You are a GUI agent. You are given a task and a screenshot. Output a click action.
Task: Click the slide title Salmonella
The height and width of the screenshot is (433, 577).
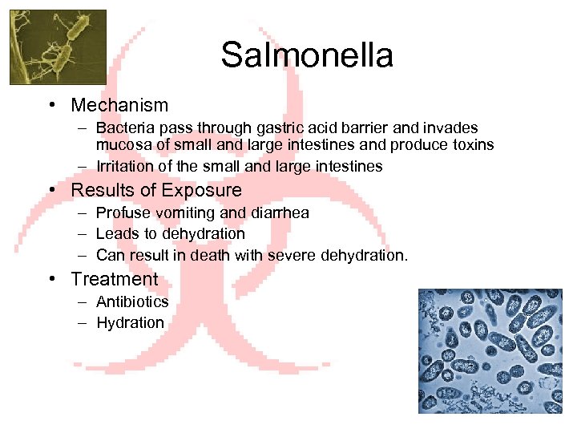click(307, 55)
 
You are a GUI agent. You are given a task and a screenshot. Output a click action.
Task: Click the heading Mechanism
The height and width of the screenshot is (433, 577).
click(119, 105)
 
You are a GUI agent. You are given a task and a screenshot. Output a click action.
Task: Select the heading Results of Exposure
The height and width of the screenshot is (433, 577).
click(156, 190)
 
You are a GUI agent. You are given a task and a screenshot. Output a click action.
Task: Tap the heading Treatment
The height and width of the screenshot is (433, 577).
click(115, 279)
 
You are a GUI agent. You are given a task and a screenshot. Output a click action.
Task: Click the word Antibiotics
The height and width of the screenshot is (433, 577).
click(132, 301)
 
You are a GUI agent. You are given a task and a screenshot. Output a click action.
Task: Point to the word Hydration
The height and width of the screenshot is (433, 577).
click(130, 322)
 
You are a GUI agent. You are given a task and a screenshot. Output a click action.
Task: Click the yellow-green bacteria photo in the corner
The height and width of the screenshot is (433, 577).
click(58, 47)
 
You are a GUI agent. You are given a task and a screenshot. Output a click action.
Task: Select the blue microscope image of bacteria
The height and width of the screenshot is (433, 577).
click(490, 351)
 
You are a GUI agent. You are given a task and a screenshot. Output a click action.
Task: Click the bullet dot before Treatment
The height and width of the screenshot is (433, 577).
click(51, 280)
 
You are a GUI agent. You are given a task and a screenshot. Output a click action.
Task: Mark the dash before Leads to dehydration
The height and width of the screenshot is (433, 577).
click(83, 234)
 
